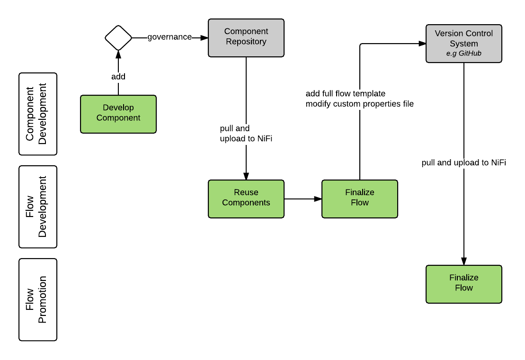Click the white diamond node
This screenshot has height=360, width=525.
(x=118, y=38)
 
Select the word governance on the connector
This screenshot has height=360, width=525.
(x=169, y=37)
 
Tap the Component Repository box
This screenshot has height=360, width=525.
(x=246, y=38)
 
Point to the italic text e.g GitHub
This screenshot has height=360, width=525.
(x=463, y=54)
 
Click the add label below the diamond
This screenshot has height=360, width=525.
(x=118, y=77)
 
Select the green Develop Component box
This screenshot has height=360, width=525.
(x=118, y=114)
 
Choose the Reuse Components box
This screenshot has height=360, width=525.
(x=246, y=198)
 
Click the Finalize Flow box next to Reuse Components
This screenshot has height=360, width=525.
(x=360, y=198)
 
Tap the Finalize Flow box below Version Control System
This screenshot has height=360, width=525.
(x=463, y=284)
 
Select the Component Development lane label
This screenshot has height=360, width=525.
(x=38, y=114)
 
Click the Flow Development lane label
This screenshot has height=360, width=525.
(x=38, y=207)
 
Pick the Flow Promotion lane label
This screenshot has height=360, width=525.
(x=38, y=299)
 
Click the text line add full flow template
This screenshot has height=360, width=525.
(x=346, y=93)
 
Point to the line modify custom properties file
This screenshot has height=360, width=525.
(x=360, y=104)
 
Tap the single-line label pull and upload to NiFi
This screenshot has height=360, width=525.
(x=463, y=162)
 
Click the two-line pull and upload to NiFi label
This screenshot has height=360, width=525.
(x=246, y=134)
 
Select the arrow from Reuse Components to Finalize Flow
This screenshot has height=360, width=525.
(x=303, y=199)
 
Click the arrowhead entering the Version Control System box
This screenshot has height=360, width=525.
(x=422, y=44)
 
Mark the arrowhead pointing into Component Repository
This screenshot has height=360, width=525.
(x=205, y=37)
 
